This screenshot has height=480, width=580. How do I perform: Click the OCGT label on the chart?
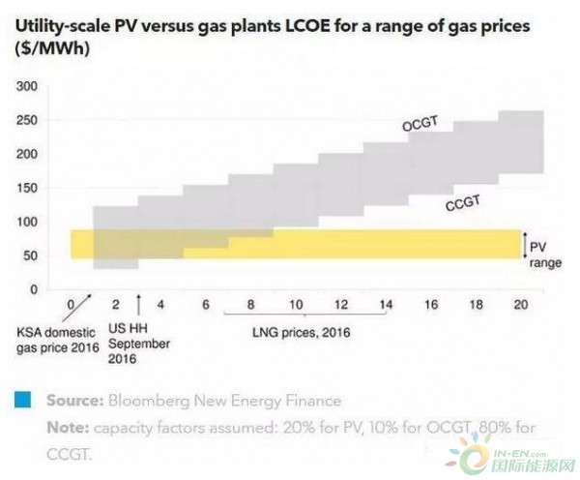(421, 125)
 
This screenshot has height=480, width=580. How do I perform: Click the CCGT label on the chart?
(464, 203)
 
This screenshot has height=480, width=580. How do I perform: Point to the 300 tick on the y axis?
(27, 86)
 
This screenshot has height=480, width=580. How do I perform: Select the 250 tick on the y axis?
(27, 120)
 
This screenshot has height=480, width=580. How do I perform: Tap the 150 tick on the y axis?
(27, 188)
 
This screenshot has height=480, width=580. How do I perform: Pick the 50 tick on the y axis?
(30, 255)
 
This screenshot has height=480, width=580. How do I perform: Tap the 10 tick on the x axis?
(298, 304)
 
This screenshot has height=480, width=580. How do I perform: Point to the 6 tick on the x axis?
(207, 304)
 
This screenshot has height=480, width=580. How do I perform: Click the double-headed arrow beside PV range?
(523, 246)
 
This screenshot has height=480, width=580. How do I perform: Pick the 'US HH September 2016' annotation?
(138, 343)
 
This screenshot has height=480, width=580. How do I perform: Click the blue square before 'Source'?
(20, 399)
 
